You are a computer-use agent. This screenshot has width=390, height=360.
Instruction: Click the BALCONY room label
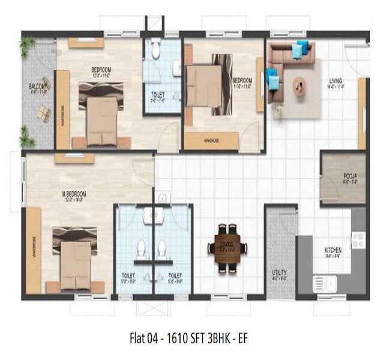tap(37, 88)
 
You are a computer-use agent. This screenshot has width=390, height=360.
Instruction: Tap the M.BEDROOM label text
tap(74, 194)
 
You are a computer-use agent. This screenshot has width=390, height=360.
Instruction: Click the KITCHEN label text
tap(332, 250)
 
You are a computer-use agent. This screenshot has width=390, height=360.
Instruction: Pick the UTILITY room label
tap(279, 273)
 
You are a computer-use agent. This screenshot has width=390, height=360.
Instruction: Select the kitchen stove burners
tap(359, 240)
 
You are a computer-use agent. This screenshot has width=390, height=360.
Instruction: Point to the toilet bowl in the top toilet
tap(155, 50)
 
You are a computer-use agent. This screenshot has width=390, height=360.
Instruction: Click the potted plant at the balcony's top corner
tap(26, 45)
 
